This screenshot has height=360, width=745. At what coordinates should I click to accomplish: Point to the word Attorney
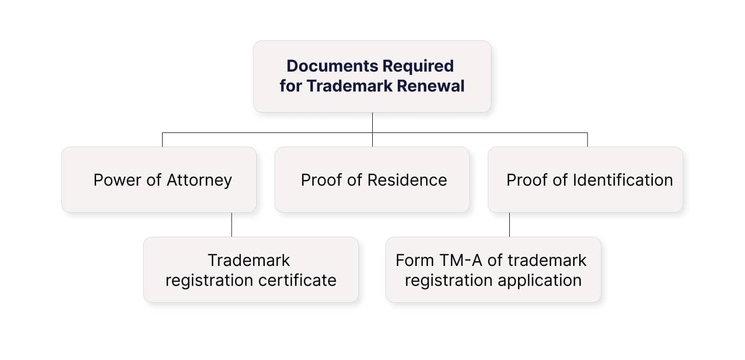[199, 181]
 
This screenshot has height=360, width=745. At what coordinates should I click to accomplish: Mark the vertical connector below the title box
[372, 123]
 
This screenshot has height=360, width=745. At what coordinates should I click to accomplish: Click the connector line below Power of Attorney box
[232, 224]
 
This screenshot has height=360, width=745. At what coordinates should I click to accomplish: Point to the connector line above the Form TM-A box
[509, 224]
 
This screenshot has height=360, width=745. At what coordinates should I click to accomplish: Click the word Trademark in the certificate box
[249, 260]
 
